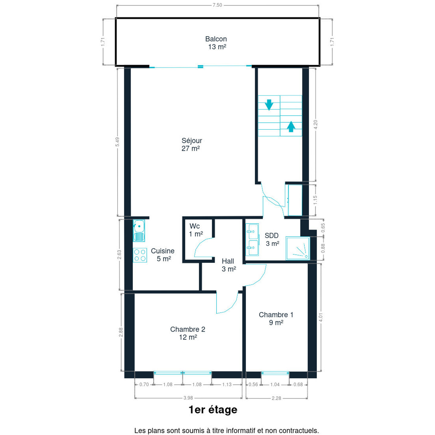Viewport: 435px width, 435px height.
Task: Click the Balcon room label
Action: pyautogui.click(x=216, y=39)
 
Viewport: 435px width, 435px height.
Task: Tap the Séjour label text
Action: pyautogui.click(x=192, y=141)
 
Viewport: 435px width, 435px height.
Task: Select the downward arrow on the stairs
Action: pyautogui.click(x=269, y=105)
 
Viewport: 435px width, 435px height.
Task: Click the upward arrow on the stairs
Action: pyautogui.click(x=291, y=126)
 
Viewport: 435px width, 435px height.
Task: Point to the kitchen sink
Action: pyautogui.click(x=139, y=230)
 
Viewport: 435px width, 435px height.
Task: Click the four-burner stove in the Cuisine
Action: pyautogui.click(x=140, y=255)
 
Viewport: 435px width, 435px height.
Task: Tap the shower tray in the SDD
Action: pyautogui.click(x=298, y=248)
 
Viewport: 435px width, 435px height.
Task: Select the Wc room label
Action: pyautogui.click(x=195, y=226)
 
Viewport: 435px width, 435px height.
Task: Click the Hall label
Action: pyautogui.click(x=228, y=261)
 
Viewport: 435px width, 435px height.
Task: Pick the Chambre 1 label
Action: pyautogui.click(x=276, y=315)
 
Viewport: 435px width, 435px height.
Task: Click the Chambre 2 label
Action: pyautogui.click(x=188, y=329)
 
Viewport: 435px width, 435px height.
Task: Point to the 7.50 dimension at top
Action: pyautogui.click(x=217, y=5)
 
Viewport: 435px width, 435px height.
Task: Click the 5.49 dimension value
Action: pyautogui.click(x=118, y=142)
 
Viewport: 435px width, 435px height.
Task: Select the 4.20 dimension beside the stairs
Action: pyautogui.click(x=315, y=124)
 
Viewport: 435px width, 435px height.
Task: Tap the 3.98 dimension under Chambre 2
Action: pyautogui.click(x=188, y=398)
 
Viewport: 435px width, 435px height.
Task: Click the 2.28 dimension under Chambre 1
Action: pyautogui.click(x=276, y=398)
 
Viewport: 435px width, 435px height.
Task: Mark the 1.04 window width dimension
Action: pyautogui.click(x=275, y=385)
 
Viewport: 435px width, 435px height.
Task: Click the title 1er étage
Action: pyautogui.click(x=213, y=410)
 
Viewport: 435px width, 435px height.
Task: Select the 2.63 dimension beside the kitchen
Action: pyautogui.click(x=119, y=255)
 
